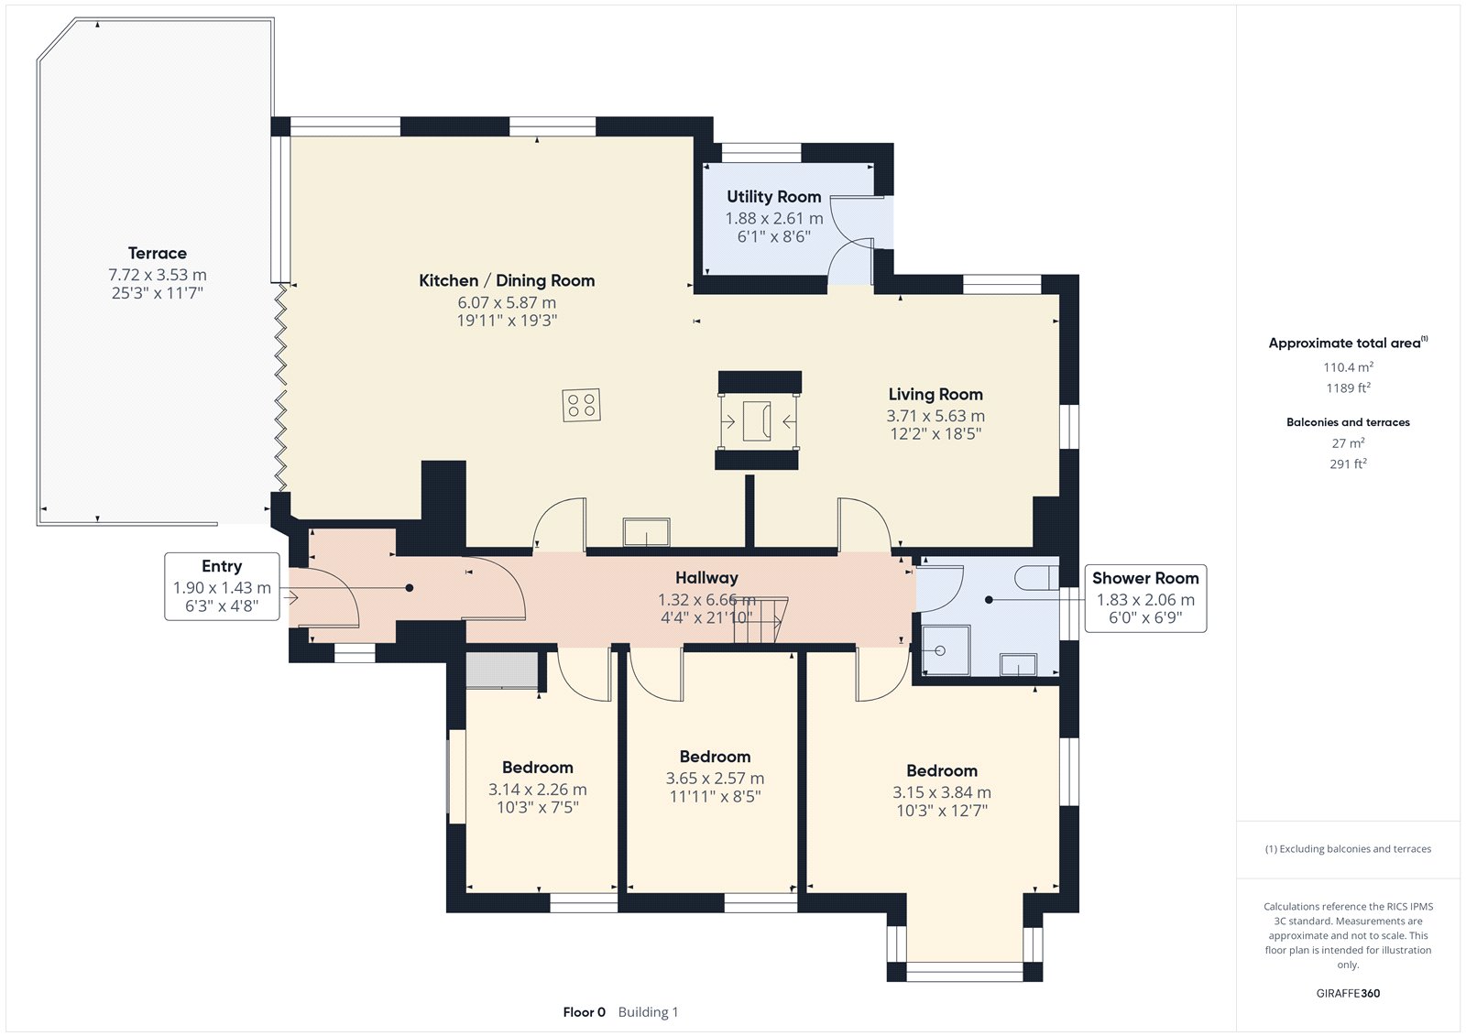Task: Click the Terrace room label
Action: (x=157, y=253)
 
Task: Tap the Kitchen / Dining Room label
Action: (x=507, y=281)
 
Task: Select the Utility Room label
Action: (x=773, y=196)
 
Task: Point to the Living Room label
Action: (x=935, y=394)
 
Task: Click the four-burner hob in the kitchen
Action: (x=581, y=405)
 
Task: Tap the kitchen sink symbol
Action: (x=646, y=531)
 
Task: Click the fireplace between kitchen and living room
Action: (x=759, y=420)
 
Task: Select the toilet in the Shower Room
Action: (x=1036, y=578)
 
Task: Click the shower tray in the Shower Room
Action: (x=945, y=649)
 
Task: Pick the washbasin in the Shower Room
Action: (x=1018, y=664)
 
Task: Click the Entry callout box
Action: (x=222, y=586)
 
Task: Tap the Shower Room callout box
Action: (x=1145, y=598)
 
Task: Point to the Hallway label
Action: (x=706, y=578)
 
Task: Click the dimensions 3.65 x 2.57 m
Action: (x=715, y=779)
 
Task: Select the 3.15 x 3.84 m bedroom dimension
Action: (x=942, y=792)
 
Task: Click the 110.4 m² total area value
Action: (x=1348, y=367)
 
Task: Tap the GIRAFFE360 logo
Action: (x=1348, y=993)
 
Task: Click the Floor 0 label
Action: (x=584, y=1012)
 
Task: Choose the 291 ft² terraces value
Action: (x=1348, y=463)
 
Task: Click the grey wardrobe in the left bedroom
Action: (x=502, y=670)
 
